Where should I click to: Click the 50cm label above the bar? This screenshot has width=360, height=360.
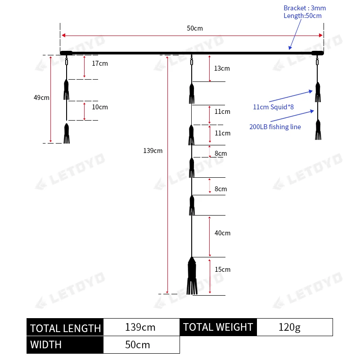tap(195, 28)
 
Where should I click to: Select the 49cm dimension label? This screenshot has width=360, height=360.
tap(41, 98)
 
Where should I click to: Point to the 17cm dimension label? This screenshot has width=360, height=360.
tap(100, 63)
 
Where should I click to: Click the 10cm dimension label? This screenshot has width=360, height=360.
tap(100, 107)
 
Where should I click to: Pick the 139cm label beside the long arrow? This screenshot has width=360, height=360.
tap(153, 151)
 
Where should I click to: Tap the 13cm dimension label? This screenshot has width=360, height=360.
tap(222, 68)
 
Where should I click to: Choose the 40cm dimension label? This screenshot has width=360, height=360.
tap(222, 233)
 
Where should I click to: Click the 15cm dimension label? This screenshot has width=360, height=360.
tap(222, 270)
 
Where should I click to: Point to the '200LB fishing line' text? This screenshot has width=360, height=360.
tap(275, 127)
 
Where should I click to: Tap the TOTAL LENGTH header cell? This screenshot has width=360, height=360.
tap(65, 328)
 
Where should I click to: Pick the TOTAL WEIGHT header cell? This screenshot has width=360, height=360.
tap(218, 327)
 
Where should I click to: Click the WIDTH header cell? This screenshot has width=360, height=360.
tap(65, 345)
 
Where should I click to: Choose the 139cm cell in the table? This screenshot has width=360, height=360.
tap(140, 327)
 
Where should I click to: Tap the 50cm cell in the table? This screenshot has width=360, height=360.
tap(140, 345)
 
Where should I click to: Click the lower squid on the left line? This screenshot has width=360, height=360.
tap(67, 133)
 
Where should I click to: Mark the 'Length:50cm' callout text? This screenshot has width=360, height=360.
tap(302, 16)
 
